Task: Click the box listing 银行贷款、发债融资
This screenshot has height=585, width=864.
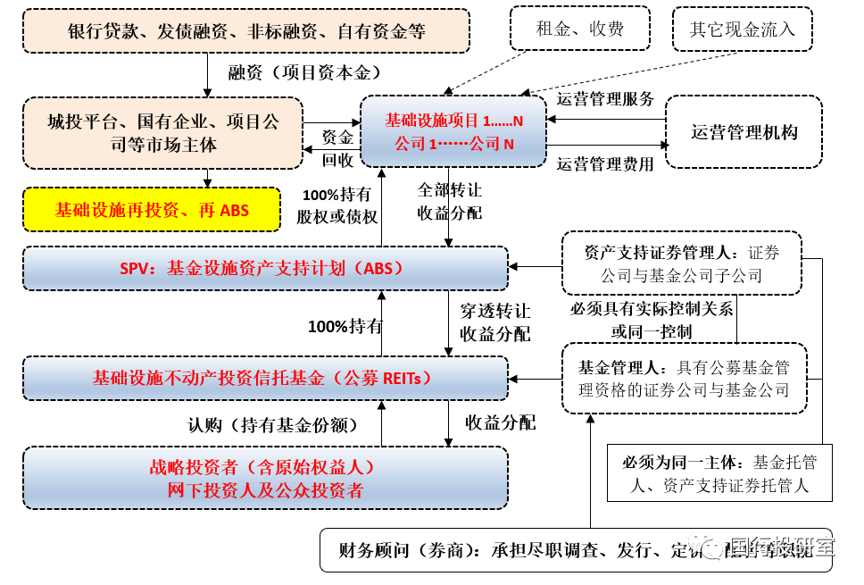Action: click(246, 31)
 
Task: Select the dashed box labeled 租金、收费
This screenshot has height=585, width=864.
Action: click(579, 29)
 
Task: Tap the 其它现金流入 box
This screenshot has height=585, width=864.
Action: click(741, 29)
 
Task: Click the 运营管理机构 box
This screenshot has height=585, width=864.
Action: click(744, 132)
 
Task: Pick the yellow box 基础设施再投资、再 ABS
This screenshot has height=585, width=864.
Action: click(152, 211)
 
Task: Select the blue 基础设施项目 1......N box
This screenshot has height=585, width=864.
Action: click(453, 132)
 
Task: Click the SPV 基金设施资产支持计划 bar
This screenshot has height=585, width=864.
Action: click(265, 268)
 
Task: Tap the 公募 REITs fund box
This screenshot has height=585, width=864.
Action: click(265, 377)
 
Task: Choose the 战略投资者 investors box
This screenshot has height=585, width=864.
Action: click(265, 478)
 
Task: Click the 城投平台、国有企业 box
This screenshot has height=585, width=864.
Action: click(162, 132)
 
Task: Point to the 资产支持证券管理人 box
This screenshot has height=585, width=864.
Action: click(681, 263)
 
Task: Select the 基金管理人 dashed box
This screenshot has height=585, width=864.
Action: click(685, 378)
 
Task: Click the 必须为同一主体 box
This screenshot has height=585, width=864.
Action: click(719, 473)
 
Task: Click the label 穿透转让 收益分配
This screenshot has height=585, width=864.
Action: click(494, 322)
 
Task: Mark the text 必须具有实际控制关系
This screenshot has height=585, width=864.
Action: click(652, 310)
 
